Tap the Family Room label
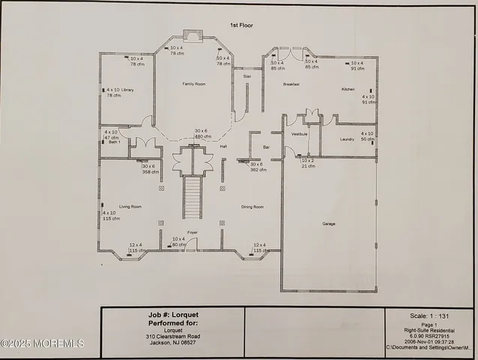coord(194,84)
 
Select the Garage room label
coord(329,223)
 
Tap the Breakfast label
coord(291,84)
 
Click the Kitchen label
coord(348,89)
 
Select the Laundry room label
coord(347,139)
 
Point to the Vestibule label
coord(300,134)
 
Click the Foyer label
coord(192,232)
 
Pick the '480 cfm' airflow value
coord(202,136)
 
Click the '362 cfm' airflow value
coord(258,169)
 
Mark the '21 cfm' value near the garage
coord(309,166)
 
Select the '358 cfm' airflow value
coord(151,172)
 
